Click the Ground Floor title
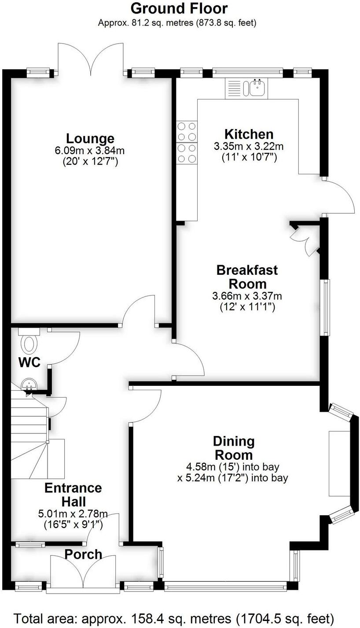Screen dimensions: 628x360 179,8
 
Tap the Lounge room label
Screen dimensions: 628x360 90,139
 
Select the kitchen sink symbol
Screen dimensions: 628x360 257,88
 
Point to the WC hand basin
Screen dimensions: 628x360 29,385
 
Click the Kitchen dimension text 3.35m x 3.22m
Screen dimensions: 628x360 249,146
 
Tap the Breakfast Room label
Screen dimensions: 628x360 247,277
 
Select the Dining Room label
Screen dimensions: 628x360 233,447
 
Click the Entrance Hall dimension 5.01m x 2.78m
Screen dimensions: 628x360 73,513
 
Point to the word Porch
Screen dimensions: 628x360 84,554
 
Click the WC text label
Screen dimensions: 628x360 29,363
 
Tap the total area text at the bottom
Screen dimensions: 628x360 174,617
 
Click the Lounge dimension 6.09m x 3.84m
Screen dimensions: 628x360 90,151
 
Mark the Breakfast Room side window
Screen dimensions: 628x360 326,307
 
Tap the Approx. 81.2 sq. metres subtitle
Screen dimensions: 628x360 177,22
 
